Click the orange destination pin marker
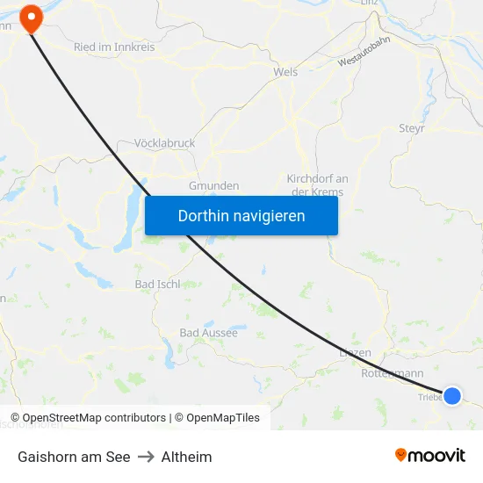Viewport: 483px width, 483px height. pos(32,18)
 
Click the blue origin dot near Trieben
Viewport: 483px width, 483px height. pos(452,396)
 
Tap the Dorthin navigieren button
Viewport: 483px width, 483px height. pos(241,216)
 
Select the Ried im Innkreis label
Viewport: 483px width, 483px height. pos(114,47)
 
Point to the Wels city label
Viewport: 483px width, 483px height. pos(285,72)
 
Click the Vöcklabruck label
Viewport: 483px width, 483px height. pos(165,143)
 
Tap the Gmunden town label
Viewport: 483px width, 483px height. pos(213,186)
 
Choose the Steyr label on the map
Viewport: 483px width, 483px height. pos(412,128)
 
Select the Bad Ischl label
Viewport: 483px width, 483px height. pos(157,284)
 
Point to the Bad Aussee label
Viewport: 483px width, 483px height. pos(208,333)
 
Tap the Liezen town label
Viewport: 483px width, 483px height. pos(355,353)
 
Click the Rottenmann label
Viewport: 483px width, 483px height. pos(393,373)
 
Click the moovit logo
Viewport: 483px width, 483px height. pos(429,455)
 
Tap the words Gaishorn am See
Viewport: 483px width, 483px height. pos(74,457)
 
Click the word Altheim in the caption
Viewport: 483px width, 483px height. pos(186,457)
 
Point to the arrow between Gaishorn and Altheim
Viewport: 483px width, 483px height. pos(146,457)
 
